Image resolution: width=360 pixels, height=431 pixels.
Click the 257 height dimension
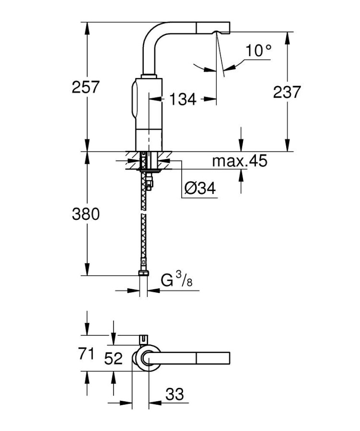85,87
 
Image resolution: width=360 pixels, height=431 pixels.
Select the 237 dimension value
287,92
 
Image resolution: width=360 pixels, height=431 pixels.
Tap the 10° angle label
258,50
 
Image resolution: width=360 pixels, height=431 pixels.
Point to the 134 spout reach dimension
183,99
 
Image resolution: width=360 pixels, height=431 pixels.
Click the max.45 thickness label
240,161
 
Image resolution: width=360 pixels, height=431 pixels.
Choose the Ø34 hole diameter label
200,188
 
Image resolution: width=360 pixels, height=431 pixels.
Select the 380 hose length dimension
86,214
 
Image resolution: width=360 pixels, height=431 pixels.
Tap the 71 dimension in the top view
86,353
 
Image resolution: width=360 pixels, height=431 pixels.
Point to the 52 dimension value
114,359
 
